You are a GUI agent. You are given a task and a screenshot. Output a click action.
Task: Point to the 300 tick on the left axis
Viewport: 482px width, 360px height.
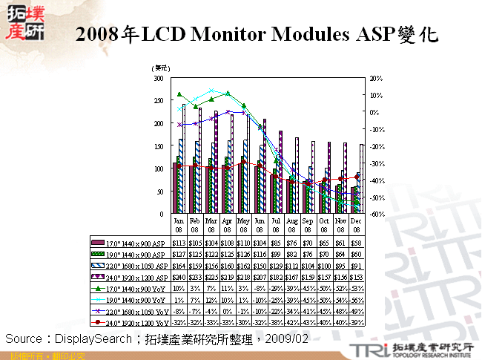point(158,77)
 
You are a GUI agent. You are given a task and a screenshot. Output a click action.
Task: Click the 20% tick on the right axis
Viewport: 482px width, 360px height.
point(375,77)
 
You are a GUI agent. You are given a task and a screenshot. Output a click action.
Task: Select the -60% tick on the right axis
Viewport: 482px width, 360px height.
point(375,214)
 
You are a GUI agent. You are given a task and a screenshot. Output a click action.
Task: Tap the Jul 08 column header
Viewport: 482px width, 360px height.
point(277,224)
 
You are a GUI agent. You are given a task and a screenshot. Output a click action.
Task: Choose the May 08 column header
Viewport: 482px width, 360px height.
point(244,224)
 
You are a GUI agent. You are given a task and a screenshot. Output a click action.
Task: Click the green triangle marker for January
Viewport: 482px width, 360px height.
point(179,94)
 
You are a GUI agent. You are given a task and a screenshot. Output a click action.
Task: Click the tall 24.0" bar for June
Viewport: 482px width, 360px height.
point(264,166)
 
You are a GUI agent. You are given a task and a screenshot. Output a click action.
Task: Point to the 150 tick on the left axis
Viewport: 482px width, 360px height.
point(158,145)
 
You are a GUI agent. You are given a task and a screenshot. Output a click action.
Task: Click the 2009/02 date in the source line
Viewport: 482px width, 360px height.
point(289,338)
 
